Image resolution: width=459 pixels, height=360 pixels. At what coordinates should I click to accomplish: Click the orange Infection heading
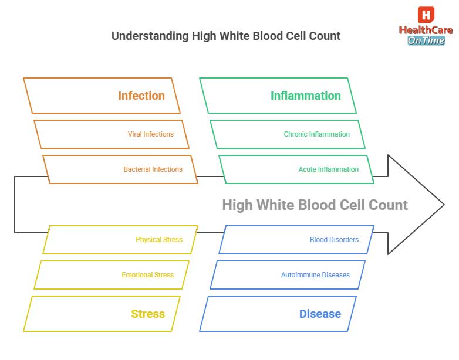[141, 96]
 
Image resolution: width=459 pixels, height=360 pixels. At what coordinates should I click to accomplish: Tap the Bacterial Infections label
[153, 169]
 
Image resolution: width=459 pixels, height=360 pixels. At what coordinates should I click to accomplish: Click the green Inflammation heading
[305, 96]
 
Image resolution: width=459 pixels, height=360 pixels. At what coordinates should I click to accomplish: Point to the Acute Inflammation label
[328, 169]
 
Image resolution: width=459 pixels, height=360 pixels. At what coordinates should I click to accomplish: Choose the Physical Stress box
[158, 240]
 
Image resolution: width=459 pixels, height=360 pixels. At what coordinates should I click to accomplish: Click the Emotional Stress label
[147, 275]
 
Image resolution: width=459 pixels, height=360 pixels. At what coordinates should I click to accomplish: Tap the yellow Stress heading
[148, 314]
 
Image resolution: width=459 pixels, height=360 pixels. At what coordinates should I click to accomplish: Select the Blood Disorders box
[334, 240]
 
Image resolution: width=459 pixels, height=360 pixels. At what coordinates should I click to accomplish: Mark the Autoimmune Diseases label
[315, 275]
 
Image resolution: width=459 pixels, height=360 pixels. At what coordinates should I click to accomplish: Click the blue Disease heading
[320, 314]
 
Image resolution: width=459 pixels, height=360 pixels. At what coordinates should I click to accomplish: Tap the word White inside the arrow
[275, 205]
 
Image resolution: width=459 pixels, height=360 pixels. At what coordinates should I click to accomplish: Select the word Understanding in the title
[150, 36]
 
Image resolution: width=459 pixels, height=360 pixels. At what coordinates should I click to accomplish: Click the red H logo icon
[426, 15]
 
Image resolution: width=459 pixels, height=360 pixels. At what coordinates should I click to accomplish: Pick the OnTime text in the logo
[426, 40]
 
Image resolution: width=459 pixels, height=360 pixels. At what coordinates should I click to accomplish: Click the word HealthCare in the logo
[426, 30]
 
